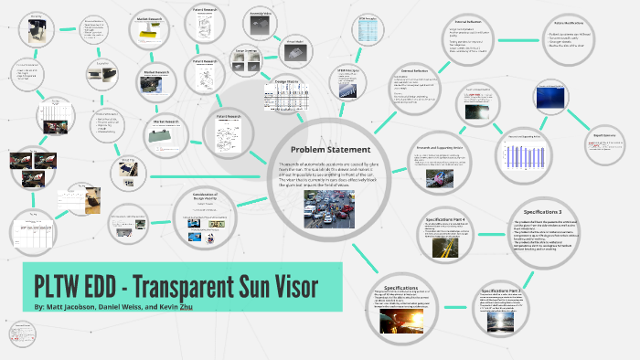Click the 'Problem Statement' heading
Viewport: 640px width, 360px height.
click(x=330, y=150)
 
